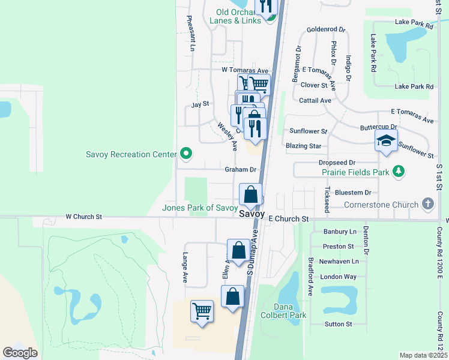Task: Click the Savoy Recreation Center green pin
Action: [186, 154]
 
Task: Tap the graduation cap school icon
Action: [386, 142]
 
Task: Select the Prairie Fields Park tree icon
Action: [397, 173]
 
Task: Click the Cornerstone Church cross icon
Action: [427, 204]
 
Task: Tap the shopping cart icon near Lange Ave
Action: [202, 311]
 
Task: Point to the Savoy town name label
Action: [252, 214]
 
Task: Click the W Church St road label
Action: [83, 216]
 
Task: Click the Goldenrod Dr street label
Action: [326, 29]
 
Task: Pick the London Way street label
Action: [338, 277]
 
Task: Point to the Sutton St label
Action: [338, 324]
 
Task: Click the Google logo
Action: [20, 353]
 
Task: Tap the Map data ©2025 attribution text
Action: [423, 355]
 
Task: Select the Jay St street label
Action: [199, 104]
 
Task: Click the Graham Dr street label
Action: [240, 170]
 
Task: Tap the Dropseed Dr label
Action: [337, 163]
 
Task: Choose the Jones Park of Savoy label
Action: [200, 208]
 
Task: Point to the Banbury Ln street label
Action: [340, 231]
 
